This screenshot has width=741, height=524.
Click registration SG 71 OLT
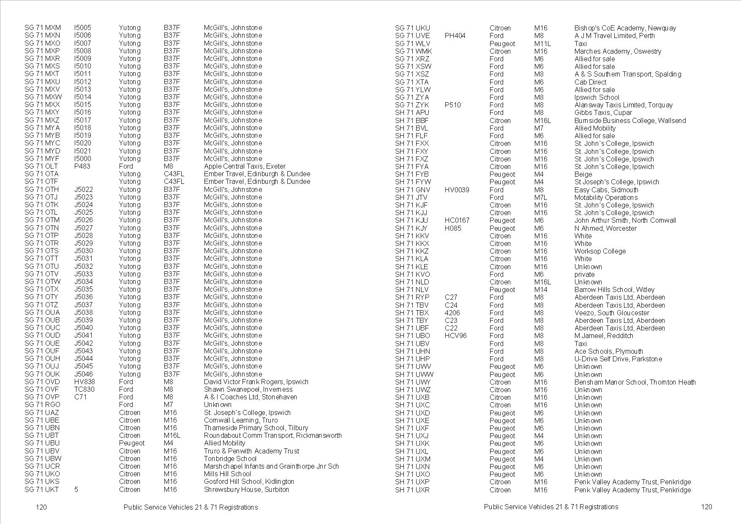(41, 166)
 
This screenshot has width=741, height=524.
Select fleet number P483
(82, 166)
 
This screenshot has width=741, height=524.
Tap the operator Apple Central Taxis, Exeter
(245, 166)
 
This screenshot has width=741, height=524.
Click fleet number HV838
(84, 382)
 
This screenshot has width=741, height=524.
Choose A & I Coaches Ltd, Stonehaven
(250, 397)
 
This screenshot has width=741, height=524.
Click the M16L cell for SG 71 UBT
(172, 435)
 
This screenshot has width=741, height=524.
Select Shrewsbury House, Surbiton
(246, 489)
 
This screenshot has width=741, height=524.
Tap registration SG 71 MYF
(42, 158)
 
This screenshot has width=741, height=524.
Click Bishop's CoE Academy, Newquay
(625, 28)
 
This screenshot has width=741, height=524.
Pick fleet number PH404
(455, 35)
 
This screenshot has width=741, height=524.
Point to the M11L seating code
(542, 44)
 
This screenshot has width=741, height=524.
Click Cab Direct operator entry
(590, 82)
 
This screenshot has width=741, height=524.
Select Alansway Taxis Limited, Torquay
(623, 105)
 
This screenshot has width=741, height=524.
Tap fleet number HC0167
(457, 220)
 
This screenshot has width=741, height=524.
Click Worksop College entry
(600, 251)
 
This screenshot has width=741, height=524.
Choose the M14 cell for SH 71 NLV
(540, 289)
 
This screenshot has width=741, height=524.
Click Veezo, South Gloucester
(612, 313)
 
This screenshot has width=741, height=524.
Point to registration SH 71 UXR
(412, 490)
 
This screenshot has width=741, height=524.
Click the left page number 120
(41, 507)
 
